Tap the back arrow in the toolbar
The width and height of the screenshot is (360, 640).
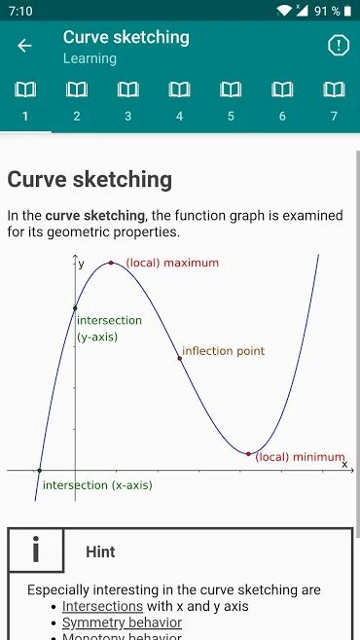pyautogui.click(x=24, y=46)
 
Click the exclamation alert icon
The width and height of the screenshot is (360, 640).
pyautogui.click(x=338, y=46)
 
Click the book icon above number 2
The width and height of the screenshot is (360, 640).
pyautogui.click(x=76, y=90)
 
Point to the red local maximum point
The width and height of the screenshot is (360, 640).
pyautogui.click(x=111, y=263)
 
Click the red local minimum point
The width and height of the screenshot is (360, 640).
pyautogui.click(x=248, y=454)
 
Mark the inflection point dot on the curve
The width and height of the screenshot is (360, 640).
pyautogui.click(x=180, y=358)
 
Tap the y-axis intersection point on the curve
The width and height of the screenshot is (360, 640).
pyautogui.click(x=75, y=308)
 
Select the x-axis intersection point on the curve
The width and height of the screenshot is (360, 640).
pyautogui.click(x=39, y=471)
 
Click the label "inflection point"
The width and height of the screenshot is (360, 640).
pyautogui.click(x=223, y=351)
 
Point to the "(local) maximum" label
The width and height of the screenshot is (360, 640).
pyautogui.click(x=171, y=263)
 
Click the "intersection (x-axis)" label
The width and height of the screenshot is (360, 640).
pyautogui.click(x=97, y=484)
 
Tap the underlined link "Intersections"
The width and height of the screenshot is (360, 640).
pyautogui.click(x=103, y=606)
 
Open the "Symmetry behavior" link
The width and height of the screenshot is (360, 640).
pyautogui.click(x=122, y=622)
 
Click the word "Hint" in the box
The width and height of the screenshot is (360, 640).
pyautogui.click(x=100, y=551)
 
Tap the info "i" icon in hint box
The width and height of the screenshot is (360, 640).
pyautogui.click(x=36, y=551)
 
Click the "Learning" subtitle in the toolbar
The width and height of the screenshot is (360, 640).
pyautogui.click(x=90, y=58)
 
